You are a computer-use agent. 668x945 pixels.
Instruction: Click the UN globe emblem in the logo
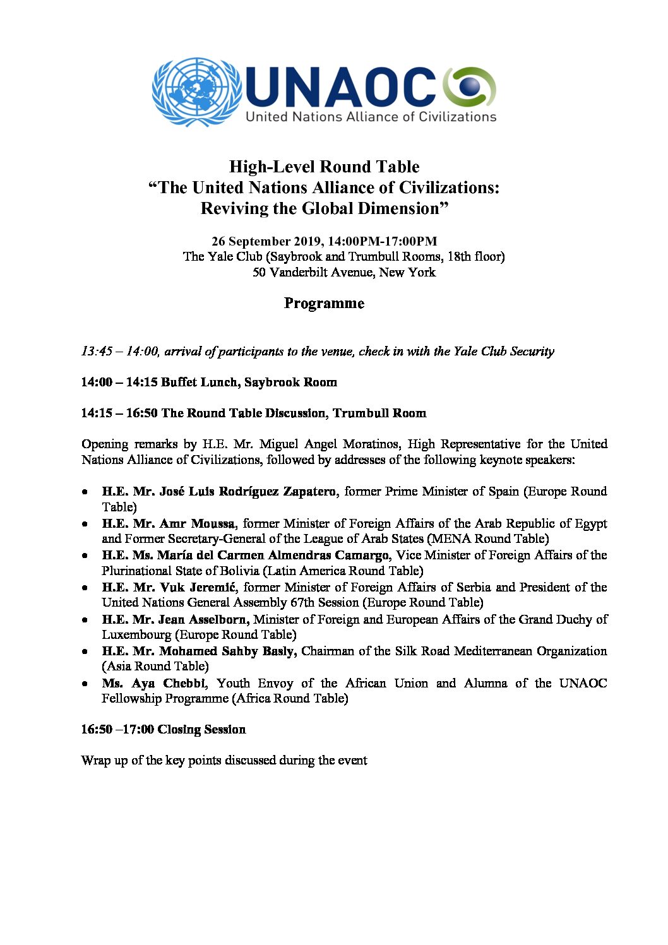(196, 92)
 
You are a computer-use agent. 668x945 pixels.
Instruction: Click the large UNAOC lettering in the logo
(341, 86)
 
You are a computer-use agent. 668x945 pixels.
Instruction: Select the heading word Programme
(324, 303)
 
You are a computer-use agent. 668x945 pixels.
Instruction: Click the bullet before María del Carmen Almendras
(85, 556)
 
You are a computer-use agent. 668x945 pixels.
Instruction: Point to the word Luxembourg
(136, 634)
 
